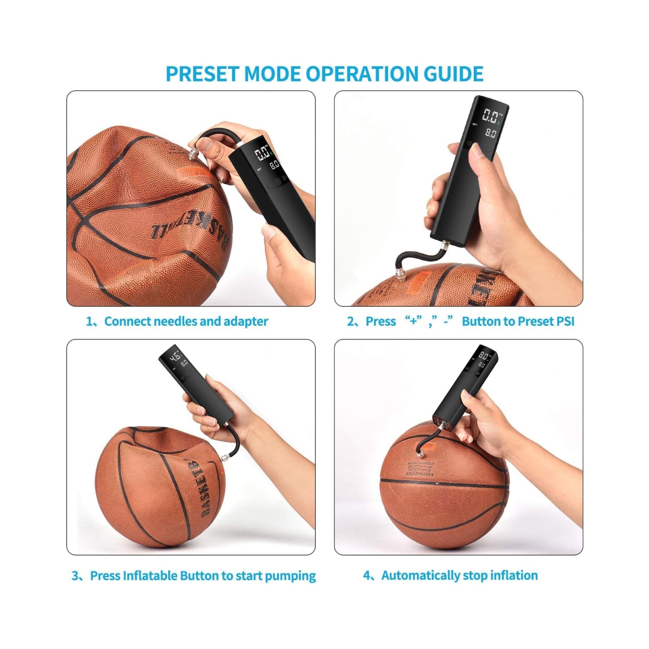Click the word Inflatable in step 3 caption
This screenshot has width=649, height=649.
pyautogui.click(x=150, y=576)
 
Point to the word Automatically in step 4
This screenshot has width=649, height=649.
pyautogui.click(x=420, y=575)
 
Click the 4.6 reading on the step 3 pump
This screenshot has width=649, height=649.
pyautogui.click(x=176, y=356)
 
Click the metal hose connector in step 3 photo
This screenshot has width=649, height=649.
pyautogui.click(x=225, y=457)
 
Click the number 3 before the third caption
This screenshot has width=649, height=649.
pyautogui.click(x=76, y=576)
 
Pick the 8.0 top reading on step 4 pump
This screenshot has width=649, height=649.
pyautogui.click(x=484, y=357)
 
